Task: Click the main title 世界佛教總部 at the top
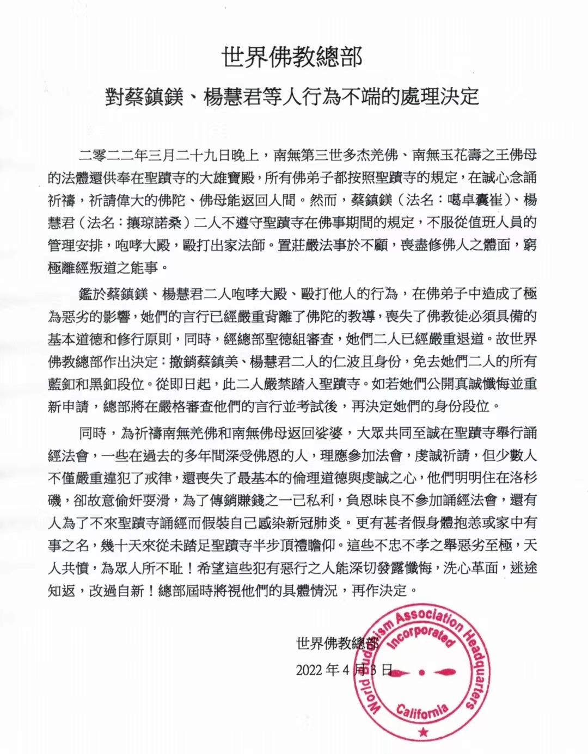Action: pyautogui.click(x=292, y=57)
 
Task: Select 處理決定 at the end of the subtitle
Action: pyautogui.click(x=444, y=96)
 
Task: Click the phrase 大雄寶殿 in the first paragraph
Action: pyautogui.click(x=225, y=177)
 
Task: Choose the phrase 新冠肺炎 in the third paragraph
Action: pyautogui.click(x=316, y=523)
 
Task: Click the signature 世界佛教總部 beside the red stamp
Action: pyautogui.click(x=336, y=644)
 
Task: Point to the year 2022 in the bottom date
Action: pyautogui.click(x=309, y=669)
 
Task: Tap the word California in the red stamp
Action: pyautogui.click(x=422, y=710)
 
